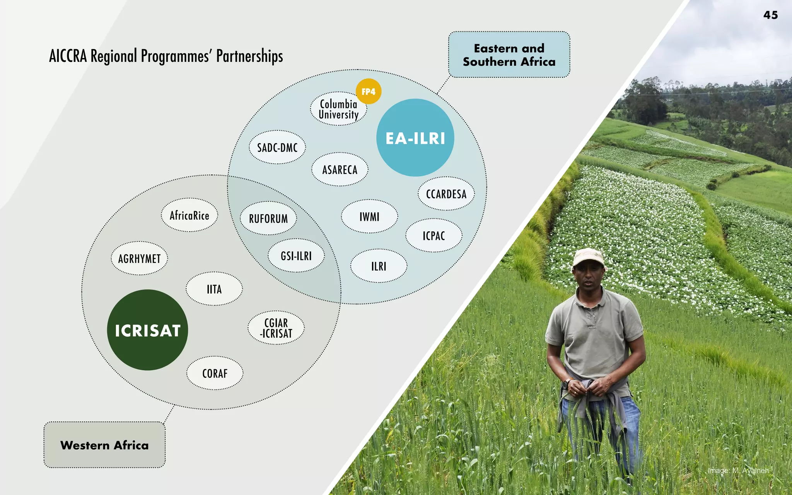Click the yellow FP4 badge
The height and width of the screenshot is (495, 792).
(368, 92)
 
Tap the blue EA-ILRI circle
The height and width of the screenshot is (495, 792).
(415, 138)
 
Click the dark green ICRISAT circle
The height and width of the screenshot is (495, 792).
(147, 330)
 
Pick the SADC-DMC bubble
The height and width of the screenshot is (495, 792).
(277, 147)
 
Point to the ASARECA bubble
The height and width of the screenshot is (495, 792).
(340, 169)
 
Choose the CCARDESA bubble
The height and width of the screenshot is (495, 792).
(446, 194)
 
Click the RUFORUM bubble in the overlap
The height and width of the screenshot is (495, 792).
(268, 218)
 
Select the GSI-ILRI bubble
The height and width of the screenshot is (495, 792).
(296, 256)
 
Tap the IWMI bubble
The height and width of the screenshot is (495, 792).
(369, 217)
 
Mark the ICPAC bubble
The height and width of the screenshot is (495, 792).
(434, 236)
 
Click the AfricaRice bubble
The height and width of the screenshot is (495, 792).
(189, 215)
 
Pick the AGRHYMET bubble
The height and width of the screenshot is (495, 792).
(139, 258)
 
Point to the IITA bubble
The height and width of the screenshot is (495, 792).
(214, 289)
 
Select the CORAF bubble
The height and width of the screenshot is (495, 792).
(215, 373)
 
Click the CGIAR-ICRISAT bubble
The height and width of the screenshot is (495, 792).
(276, 328)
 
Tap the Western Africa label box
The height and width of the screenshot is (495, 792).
(104, 445)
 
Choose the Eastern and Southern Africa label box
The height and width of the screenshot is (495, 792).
(509, 55)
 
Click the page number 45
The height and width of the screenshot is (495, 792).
(770, 15)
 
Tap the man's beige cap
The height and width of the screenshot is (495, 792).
(588, 257)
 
